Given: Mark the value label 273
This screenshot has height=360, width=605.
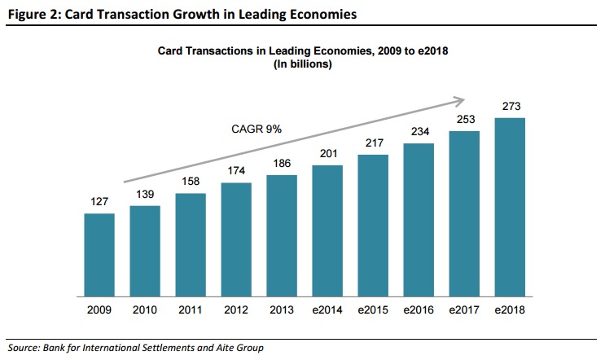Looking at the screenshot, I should coord(511,108).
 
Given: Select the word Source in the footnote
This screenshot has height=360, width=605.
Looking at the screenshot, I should coord(25,348).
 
